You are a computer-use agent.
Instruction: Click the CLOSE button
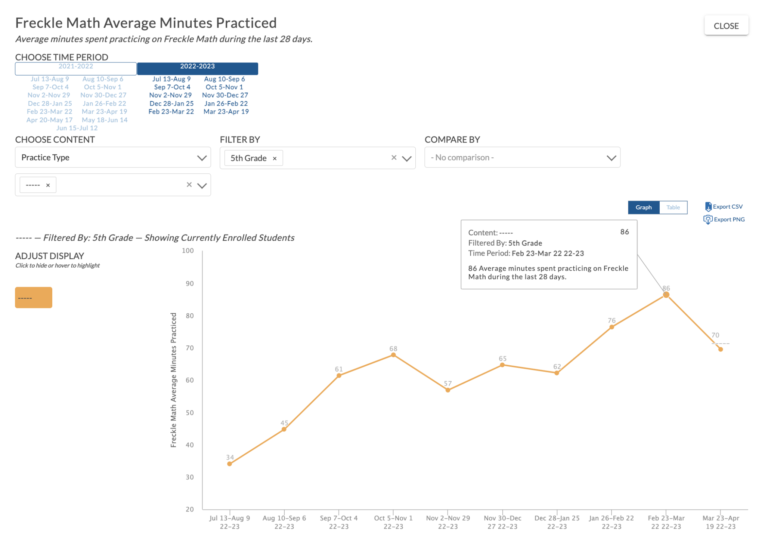(x=726, y=26)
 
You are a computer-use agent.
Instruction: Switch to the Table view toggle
(x=673, y=207)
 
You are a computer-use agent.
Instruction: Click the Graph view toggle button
(x=643, y=207)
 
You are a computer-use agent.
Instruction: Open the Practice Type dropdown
(x=113, y=157)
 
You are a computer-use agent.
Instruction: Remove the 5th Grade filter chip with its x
(x=275, y=159)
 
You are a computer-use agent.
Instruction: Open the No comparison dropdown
(x=522, y=157)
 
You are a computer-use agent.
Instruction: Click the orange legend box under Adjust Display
(x=34, y=298)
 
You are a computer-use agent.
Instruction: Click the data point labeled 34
(x=230, y=464)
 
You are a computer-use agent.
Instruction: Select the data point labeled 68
(x=393, y=355)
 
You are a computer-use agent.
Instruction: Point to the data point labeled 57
(x=447, y=390)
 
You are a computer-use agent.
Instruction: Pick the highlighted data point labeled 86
(x=666, y=295)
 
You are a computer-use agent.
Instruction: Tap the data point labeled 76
(x=611, y=327)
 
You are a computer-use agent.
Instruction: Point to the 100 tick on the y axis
(x=188, y=251)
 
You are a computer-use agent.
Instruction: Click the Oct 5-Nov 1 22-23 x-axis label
(x=393, y=522)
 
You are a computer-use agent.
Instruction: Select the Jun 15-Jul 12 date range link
(x=77, y=128)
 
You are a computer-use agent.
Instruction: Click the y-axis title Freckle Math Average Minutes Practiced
(x=173, y=379)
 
